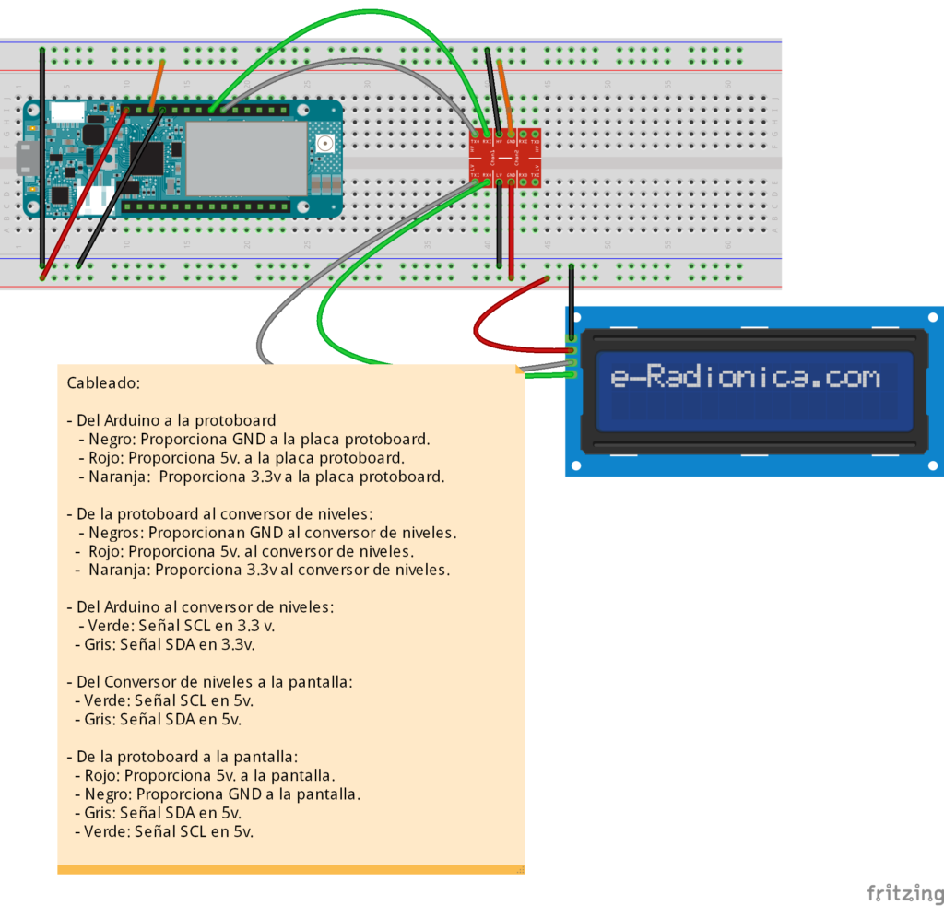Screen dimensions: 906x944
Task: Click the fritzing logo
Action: pos(904,892)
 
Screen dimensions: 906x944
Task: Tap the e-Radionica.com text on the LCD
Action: pos(745,377)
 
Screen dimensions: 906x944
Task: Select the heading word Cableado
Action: pos(103,382)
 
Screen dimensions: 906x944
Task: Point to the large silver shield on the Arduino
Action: pos(245,159)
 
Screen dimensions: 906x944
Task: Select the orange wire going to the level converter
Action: pos(503,92)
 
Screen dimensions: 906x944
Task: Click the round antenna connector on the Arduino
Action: pos(324,143)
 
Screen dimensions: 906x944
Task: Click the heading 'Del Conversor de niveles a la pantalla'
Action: pos(209,682)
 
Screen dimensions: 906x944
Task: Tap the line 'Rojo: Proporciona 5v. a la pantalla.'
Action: pos(204,775)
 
